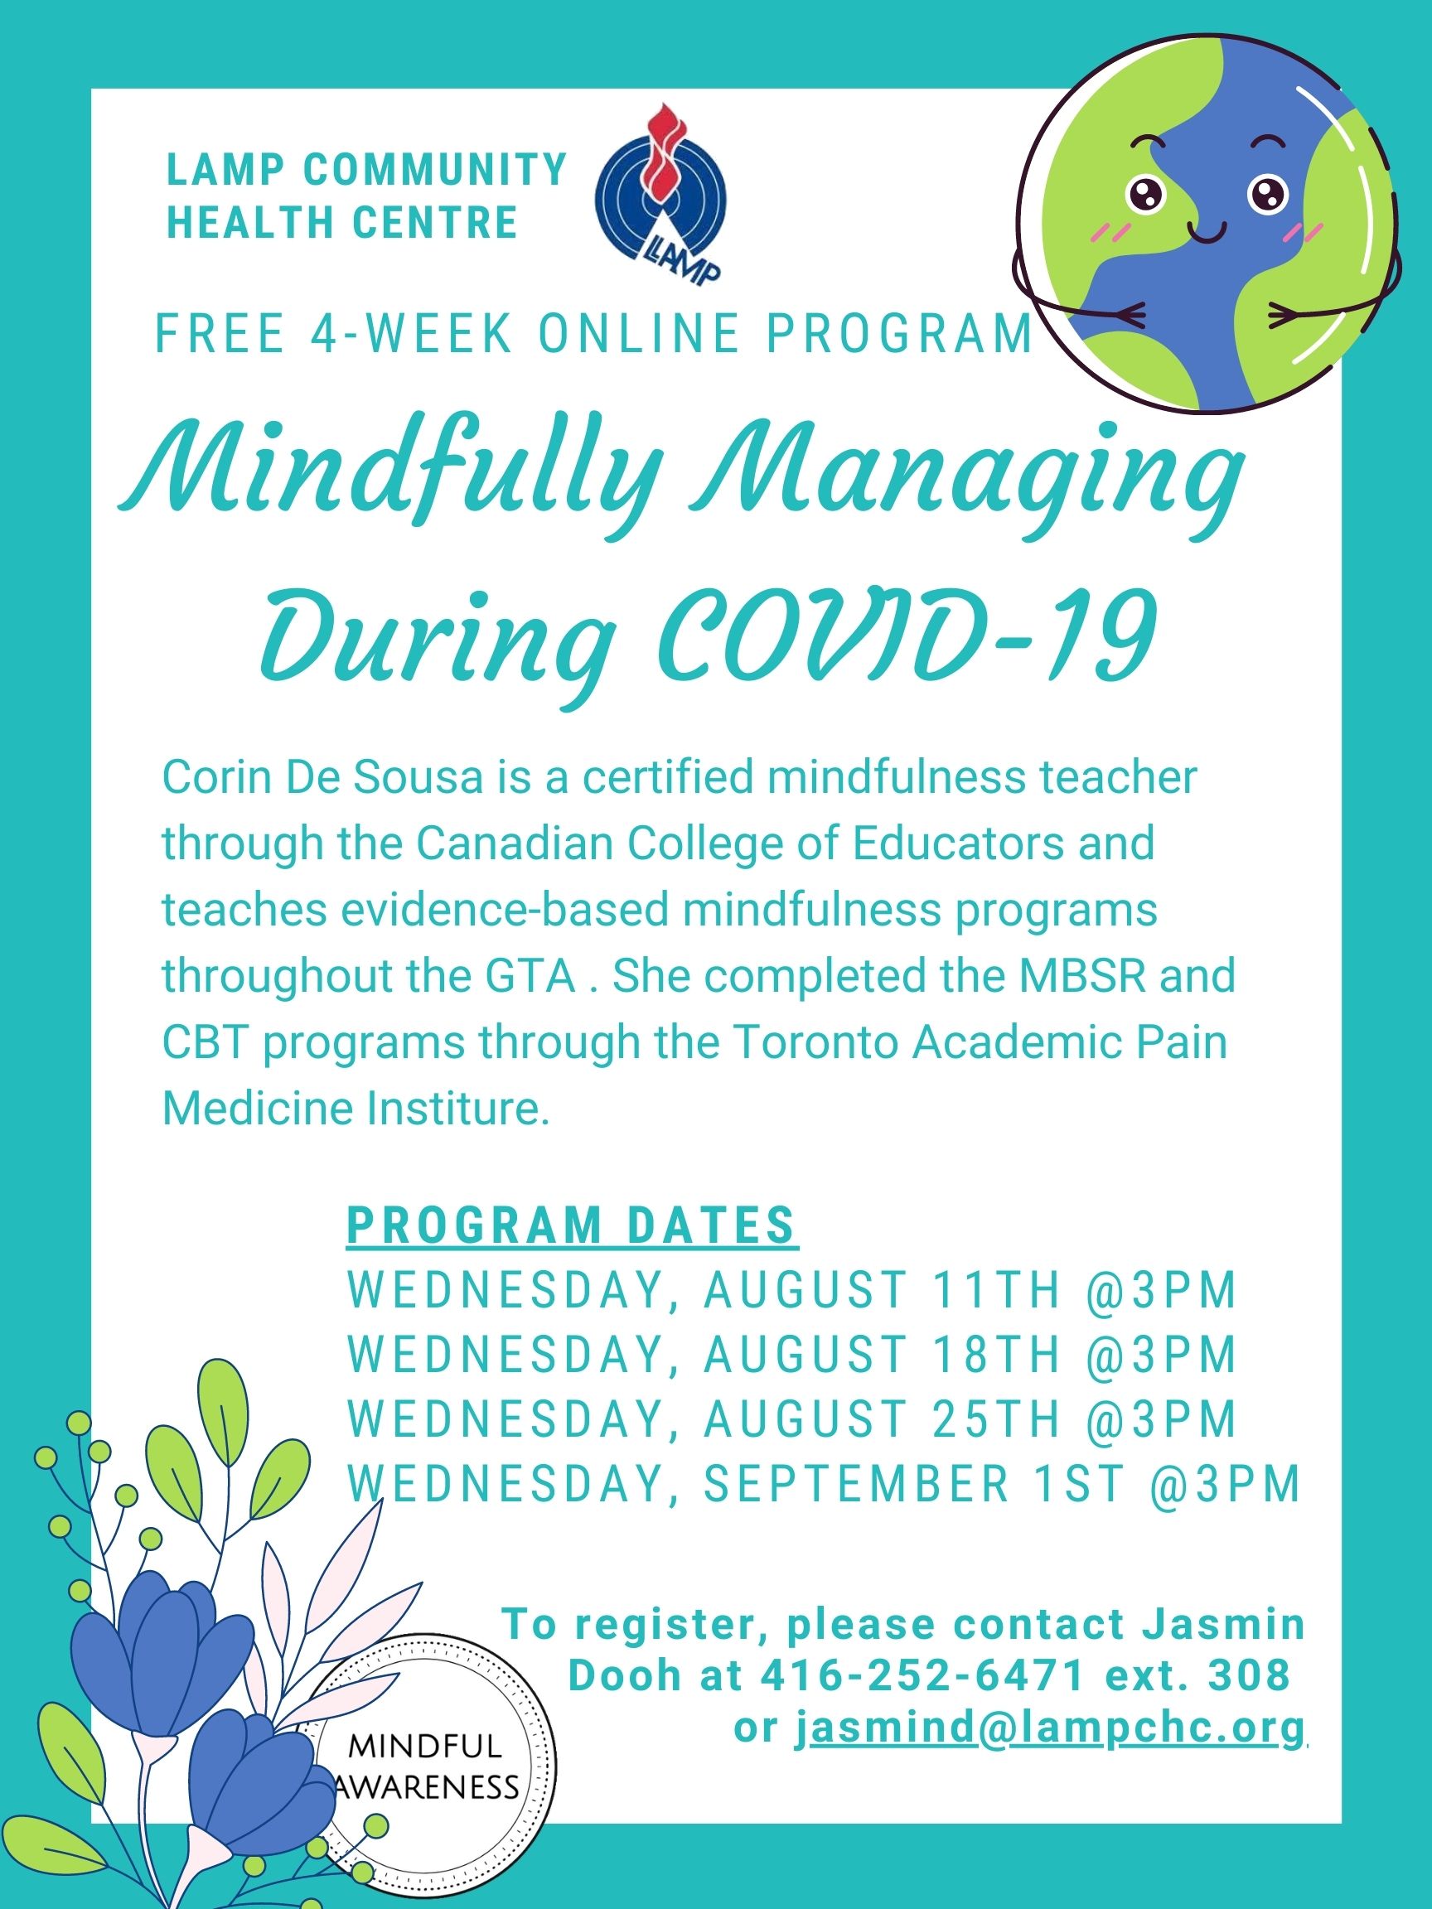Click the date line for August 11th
click(x=792, y=1289)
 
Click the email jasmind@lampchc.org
click(x=1051, y=1727)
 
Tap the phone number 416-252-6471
click(x=922, y=1675)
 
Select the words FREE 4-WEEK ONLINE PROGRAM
click(x=594, y=334)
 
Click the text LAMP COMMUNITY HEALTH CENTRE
click(x=366, y=195)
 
